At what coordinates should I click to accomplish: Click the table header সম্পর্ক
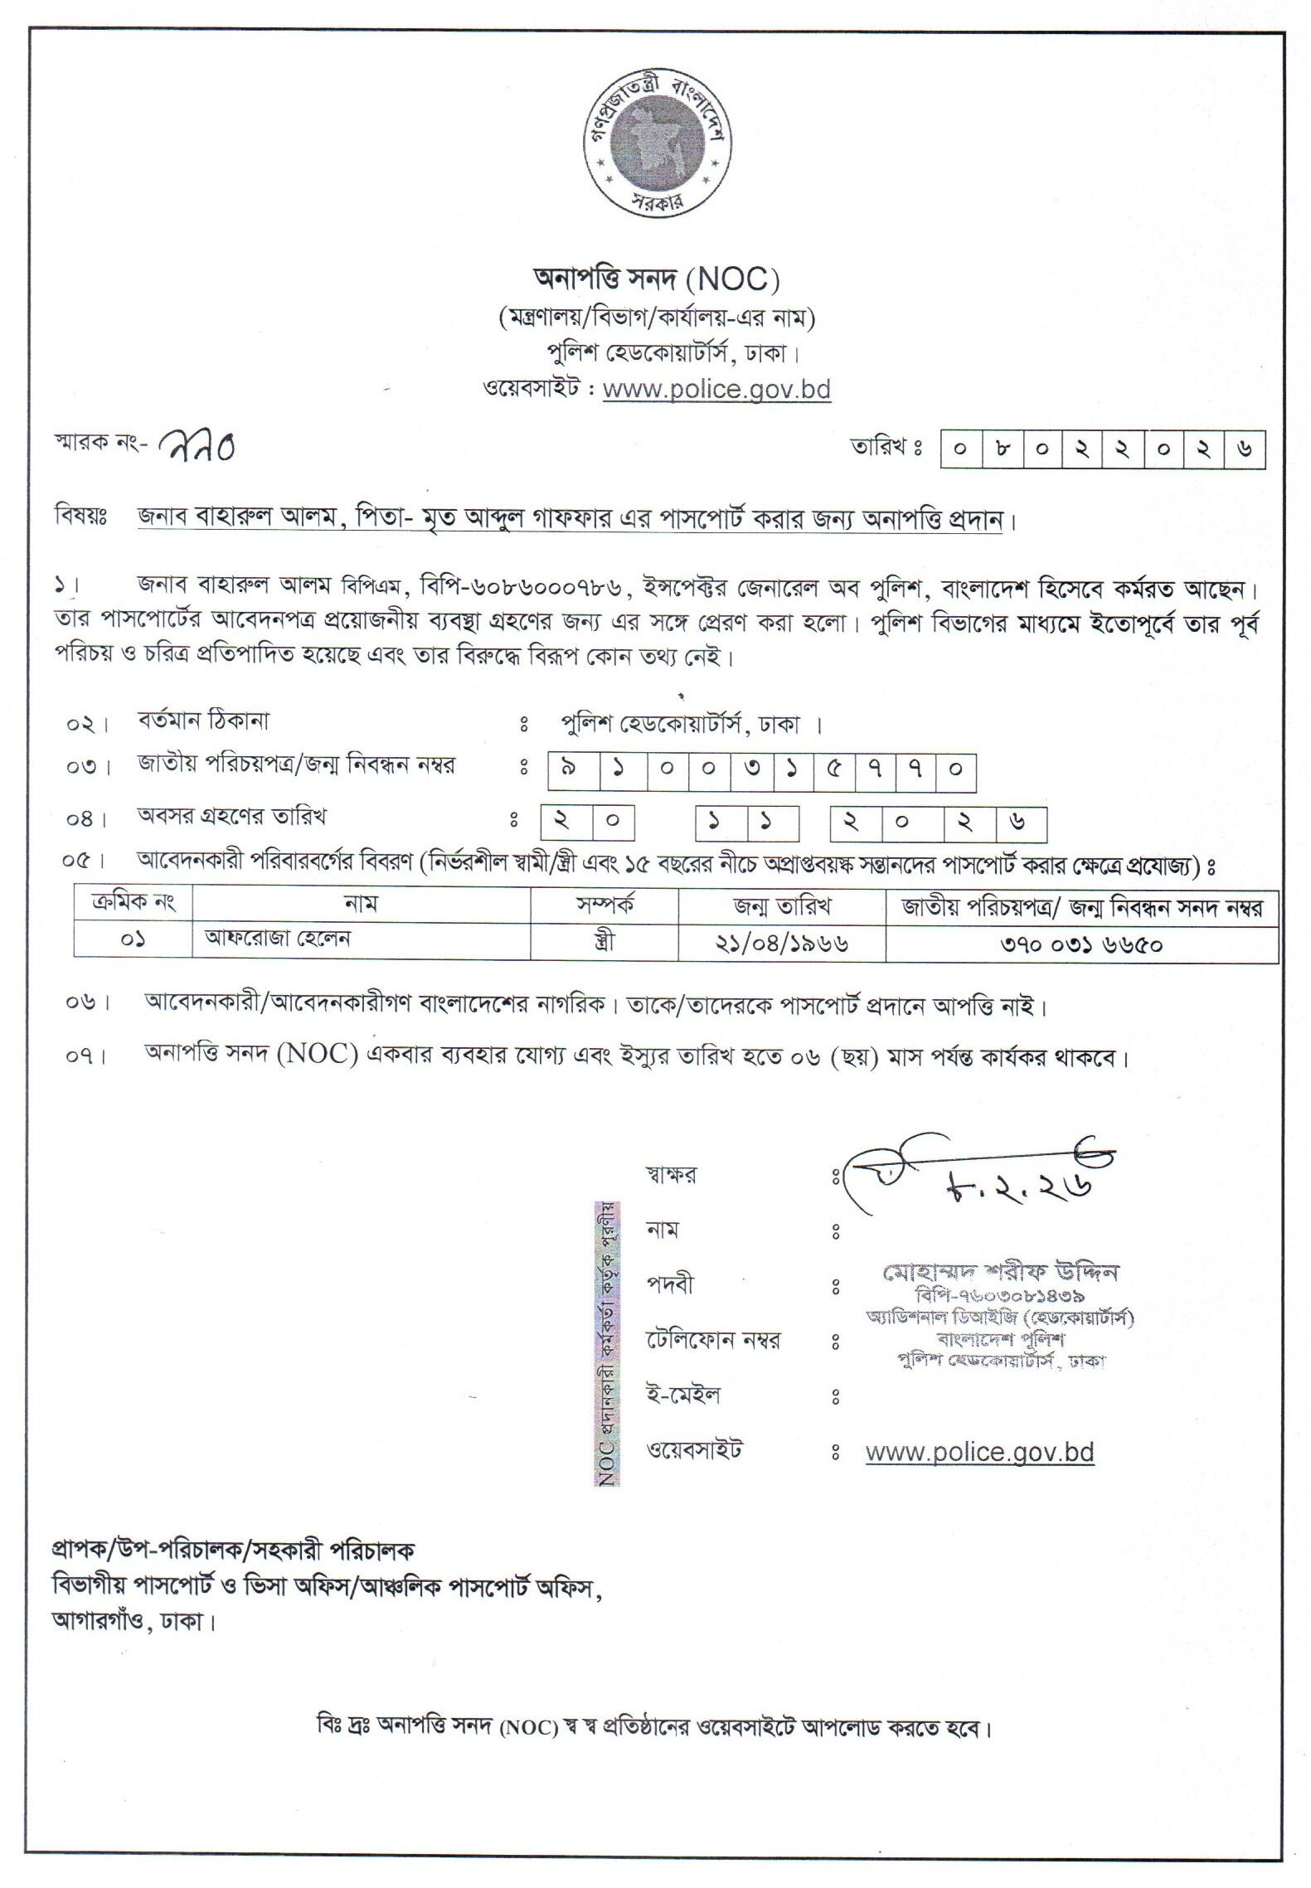coord(605,906)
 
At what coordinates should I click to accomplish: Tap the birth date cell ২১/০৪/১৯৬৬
coord(781,943)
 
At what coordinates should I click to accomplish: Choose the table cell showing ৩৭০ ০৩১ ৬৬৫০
coord(1081,944)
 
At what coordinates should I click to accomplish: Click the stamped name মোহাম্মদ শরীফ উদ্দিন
coord(1001,1271)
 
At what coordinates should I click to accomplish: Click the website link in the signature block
coord(979,1453)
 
